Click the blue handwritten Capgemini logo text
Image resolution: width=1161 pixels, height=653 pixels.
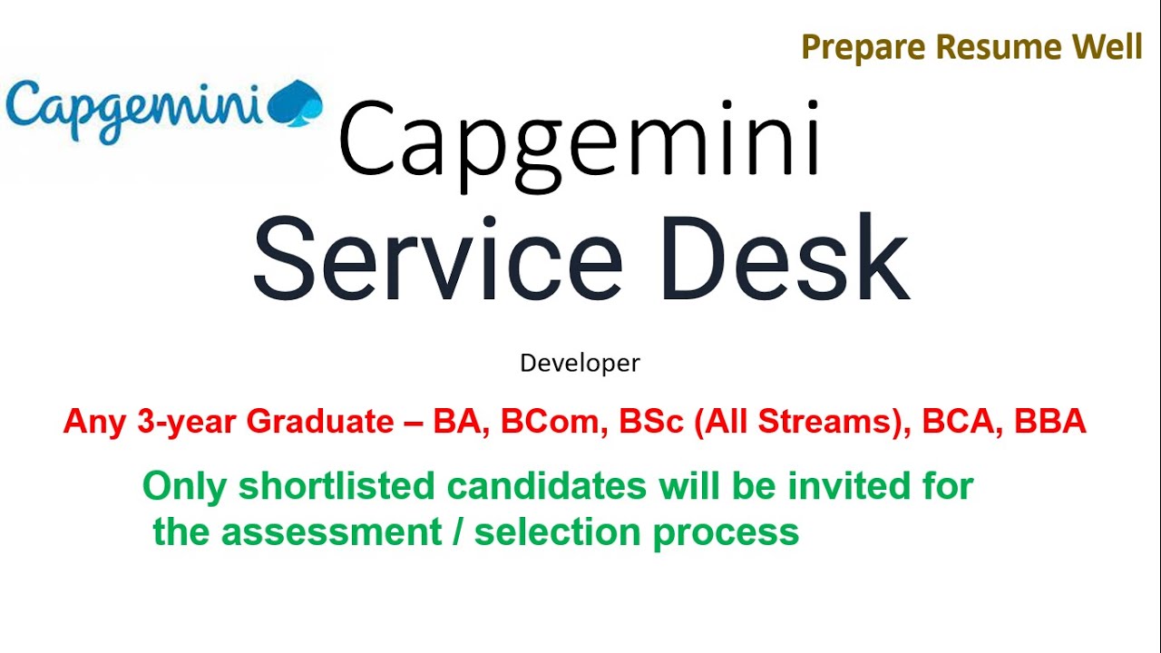tap(136, 109)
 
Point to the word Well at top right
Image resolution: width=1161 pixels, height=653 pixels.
tap(1112, 47)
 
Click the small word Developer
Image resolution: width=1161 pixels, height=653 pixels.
tap(580, 364)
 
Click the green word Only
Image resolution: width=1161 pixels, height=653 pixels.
tap(184, 487)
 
